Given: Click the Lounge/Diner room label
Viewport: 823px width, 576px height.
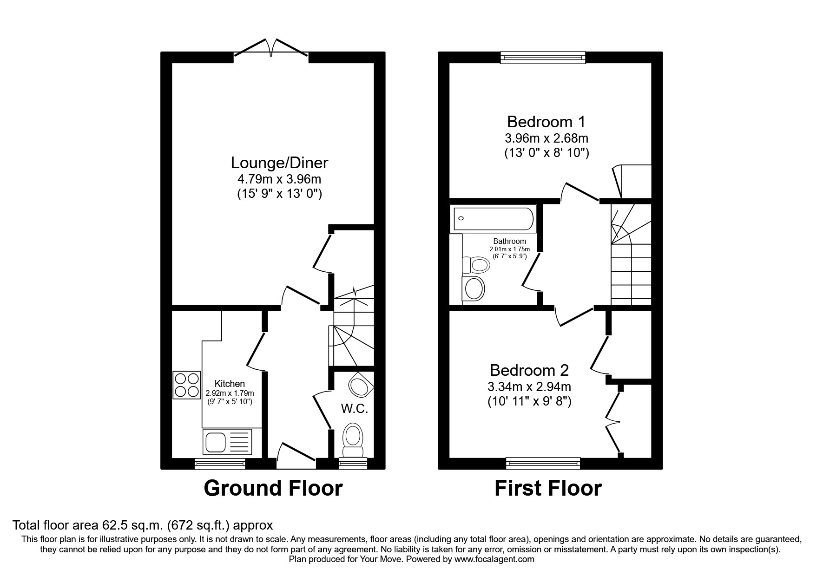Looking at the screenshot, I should coord(279,163).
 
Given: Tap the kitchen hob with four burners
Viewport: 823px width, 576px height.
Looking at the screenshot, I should coord(187,385).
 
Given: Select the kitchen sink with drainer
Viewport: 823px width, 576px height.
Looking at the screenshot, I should coord(227,442).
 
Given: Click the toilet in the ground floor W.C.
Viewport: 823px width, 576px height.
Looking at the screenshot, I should coord(353,439).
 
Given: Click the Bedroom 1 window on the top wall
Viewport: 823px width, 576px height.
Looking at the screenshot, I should coord(542,58).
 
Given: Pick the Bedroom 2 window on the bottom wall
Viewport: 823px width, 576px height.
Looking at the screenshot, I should coord(543,463).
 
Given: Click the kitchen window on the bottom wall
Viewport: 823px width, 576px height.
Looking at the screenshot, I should coord(220,463).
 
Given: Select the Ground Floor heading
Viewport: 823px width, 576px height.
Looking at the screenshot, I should coord(273,489).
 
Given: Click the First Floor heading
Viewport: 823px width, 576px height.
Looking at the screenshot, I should coord(548,489).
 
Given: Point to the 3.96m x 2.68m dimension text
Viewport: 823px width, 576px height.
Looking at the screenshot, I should coord(546,138).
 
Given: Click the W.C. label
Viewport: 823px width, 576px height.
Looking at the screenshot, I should coord(355,409).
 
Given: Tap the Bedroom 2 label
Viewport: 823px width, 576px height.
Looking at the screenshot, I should coord(529,370).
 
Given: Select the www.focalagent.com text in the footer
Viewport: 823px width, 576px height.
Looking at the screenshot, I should coord(494,559).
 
